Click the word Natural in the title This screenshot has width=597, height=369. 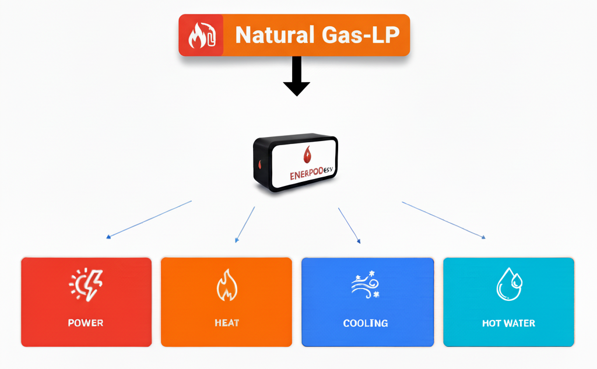tap(272, 36)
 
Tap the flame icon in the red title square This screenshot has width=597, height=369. tap(201, 36)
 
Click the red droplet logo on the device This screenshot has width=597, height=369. tap(308, 154)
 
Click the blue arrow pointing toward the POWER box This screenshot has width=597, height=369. tap(149, 220)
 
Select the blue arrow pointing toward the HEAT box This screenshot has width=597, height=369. tap(245, 224)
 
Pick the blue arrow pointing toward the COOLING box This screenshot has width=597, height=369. tap(349, 224)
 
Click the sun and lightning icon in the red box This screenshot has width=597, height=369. tap(86, 284)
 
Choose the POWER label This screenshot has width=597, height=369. tap(86, 323)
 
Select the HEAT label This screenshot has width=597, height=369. tap(226, 323)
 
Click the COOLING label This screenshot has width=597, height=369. tap(366, 323)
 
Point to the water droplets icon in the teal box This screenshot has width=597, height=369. tap(508, 284)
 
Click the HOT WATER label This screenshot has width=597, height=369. tap(508, 323)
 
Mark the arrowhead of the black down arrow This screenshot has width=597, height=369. tap(297, 88)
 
